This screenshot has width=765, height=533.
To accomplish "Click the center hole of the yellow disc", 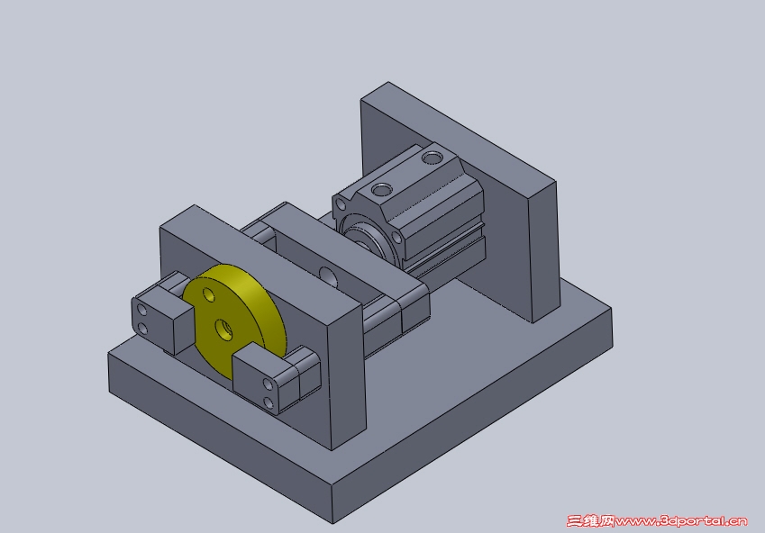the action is [224, 330].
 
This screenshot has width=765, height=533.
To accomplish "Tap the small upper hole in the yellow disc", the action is [209, 294].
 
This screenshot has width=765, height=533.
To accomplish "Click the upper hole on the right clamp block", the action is [268, 384].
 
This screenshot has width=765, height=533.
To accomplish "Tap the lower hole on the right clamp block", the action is [268, 402].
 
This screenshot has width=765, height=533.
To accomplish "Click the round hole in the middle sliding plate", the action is [328, 276].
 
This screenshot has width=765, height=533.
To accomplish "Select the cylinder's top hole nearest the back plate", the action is [432, 158].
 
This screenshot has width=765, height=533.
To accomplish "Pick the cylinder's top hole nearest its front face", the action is [381, 189].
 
